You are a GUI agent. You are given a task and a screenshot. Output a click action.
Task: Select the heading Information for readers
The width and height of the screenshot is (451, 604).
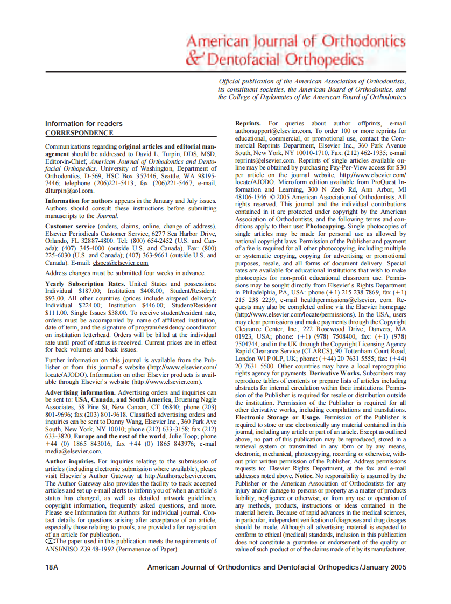pos(83,124)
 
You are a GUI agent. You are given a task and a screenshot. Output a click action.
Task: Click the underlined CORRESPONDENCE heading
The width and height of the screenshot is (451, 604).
pos(79,133)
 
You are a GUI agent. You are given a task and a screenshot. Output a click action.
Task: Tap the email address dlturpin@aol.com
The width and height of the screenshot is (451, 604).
pos(70,191)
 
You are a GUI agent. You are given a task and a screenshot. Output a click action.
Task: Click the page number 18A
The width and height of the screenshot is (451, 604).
pos(53,567)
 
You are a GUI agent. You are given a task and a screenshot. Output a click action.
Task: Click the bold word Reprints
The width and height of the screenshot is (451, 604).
pos(248,124)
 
